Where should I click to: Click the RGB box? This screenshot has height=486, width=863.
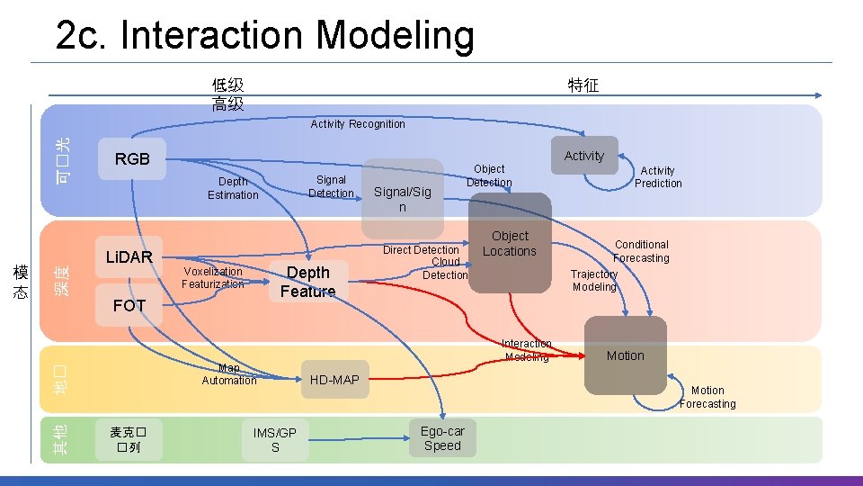(132, 159)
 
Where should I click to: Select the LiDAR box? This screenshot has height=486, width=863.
(129, 257)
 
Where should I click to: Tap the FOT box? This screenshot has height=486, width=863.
(129, 306)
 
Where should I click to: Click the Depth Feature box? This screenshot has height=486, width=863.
(307, 281)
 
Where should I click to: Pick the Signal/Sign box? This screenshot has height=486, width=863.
(403, 199)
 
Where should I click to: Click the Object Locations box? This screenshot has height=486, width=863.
(510, 244)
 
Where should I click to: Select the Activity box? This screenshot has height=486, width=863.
(584, 156)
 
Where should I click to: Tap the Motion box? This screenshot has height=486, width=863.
(625, 355)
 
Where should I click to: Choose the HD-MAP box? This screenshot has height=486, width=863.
(334, 380)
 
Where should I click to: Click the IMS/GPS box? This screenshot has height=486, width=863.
(275, 440)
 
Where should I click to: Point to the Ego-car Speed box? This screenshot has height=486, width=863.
(442, 438)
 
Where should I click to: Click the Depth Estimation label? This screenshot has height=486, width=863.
(233, 188)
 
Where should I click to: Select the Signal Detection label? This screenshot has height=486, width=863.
(331, 186)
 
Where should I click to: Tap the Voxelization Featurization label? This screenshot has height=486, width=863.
(212, 277)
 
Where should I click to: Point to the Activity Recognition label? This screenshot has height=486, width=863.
(358, 124)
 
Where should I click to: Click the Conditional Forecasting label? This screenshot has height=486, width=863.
(641, 251)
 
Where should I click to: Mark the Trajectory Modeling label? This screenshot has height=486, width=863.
(594, 281)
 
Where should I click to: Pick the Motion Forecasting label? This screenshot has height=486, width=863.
(707, 397)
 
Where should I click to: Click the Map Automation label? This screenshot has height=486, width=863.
(229, 374)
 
